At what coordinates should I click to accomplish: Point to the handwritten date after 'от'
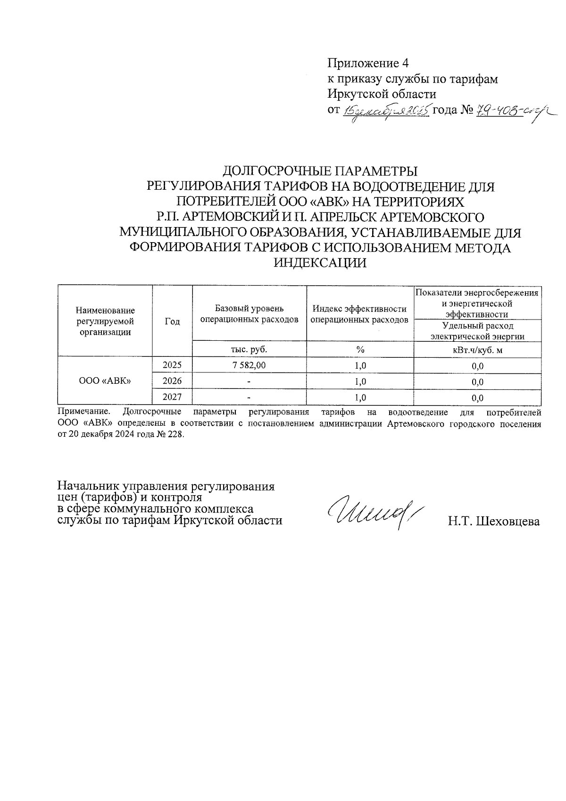coord(386,111)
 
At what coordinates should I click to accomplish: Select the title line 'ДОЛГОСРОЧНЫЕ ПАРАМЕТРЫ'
coord(320,170)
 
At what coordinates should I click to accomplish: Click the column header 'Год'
coord(172,321)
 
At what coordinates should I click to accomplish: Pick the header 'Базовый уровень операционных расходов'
coord(249,314)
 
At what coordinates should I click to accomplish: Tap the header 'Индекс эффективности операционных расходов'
coord(359,314)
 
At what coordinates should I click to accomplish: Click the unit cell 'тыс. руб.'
coord(249,349)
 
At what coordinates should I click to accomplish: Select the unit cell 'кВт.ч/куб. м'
coord(477,350)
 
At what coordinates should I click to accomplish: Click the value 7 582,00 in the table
coord(249,365)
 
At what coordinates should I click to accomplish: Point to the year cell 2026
coord(172,381)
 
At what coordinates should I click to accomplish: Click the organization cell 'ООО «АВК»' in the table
coord(105,381)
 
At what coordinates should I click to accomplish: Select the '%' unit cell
coord(360,350)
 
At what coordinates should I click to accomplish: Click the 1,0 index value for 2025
coord(360,365)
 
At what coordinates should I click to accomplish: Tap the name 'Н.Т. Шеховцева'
coord(494,522)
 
